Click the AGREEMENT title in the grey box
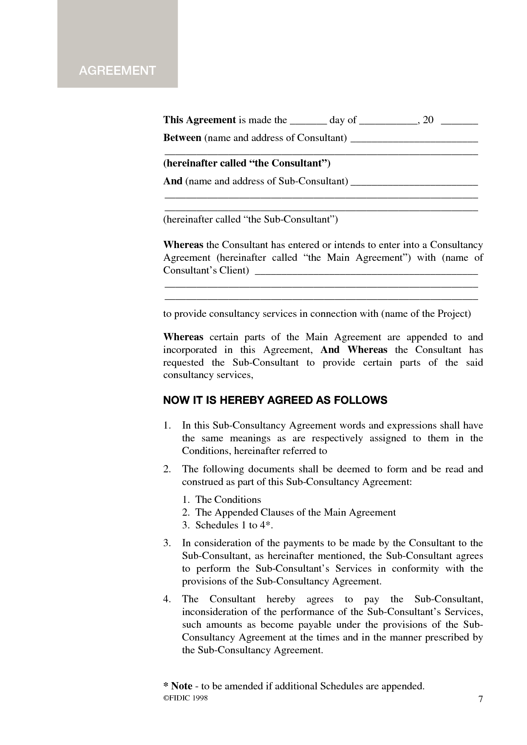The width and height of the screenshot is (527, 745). point(117,71)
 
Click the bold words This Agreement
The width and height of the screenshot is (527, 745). point(199,120)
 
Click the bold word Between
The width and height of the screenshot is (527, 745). point(182,138)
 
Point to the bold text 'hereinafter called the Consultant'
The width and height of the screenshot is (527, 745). point(246,163)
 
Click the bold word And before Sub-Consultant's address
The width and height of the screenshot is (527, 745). point(173,181)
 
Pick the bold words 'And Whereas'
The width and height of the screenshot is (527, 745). point(354,350)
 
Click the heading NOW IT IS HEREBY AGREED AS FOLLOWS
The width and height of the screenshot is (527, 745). point(275,400)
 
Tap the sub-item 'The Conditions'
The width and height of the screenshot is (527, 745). point(228,499)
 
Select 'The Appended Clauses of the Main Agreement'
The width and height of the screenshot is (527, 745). point(295,512)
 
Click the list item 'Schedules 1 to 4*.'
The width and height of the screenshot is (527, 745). point(234,525)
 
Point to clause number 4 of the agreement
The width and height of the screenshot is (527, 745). point(167,599)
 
